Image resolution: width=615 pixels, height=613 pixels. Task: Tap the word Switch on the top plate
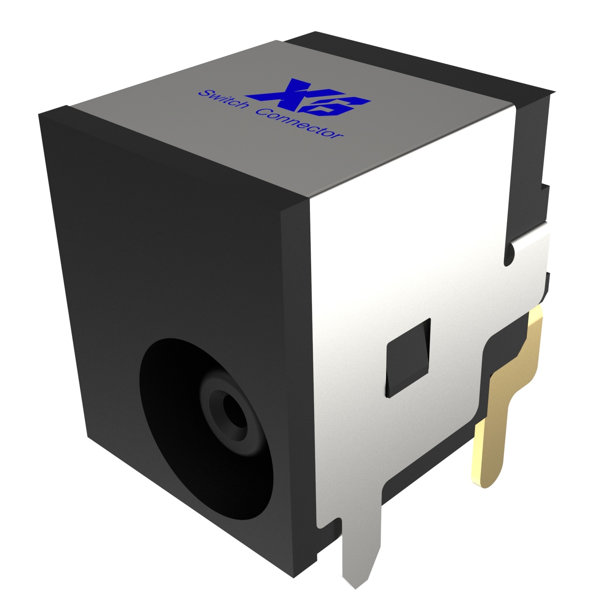[x=223, y=99]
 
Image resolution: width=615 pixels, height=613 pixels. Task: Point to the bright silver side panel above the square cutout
[x=409, y=246]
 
